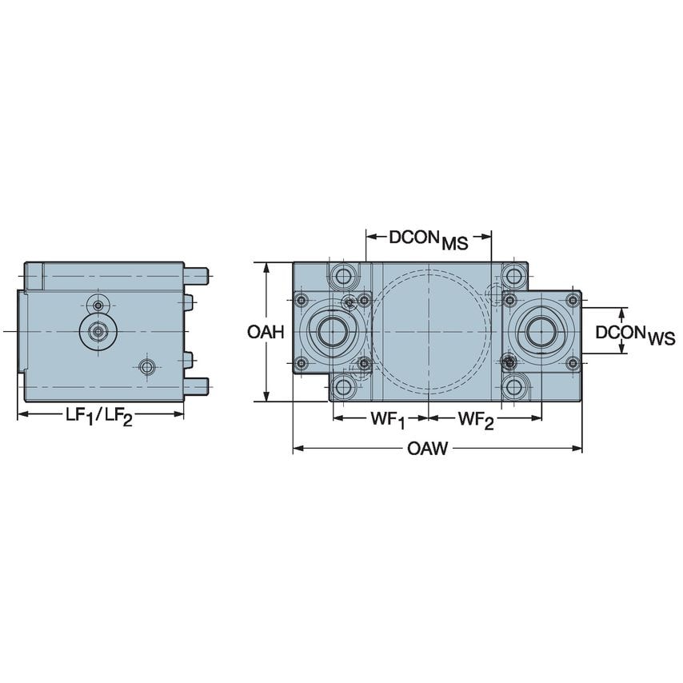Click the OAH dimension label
[266, 332]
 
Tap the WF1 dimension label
[386, 420]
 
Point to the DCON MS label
[428, 239]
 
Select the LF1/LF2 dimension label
[99, 417]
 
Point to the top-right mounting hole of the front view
[514, 276]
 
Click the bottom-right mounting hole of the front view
[514, 389]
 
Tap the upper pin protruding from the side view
[198, 274]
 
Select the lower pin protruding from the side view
[198, 387]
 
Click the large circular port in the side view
[98, 330]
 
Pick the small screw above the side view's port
[98, 305]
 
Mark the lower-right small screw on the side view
[146, 366]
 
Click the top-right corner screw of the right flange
[572, 300]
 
